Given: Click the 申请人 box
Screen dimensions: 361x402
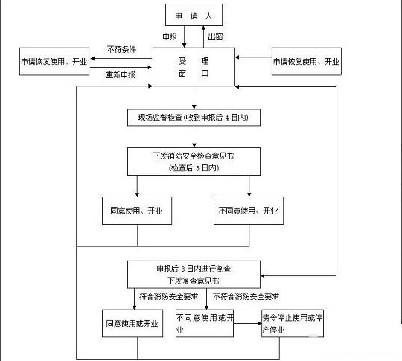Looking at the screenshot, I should click(x=194, y=15).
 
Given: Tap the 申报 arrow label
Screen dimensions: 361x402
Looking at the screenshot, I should click(x=170, y=36).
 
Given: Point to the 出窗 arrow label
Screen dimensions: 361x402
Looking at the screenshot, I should click(x=215, y=36).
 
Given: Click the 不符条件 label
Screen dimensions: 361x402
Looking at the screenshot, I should click(x=121, y=50).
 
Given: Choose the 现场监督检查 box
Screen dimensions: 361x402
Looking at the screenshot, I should click(x=194, y=118).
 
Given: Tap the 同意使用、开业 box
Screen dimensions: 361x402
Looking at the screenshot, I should click(x=137, y=211).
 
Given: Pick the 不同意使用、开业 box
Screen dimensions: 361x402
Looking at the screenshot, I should click(x=249, y=211).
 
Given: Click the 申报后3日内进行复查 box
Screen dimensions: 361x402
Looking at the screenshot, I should click(x=194, y=273).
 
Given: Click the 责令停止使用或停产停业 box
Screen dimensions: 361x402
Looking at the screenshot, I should click(x=293, y=324).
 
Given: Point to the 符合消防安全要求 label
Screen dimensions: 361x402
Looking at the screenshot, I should click(x=164, y=296).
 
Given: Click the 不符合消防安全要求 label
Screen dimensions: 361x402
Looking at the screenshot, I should click(x=251, y=296).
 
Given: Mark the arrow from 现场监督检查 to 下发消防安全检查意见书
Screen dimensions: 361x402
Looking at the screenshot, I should click(x=194, y=136).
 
